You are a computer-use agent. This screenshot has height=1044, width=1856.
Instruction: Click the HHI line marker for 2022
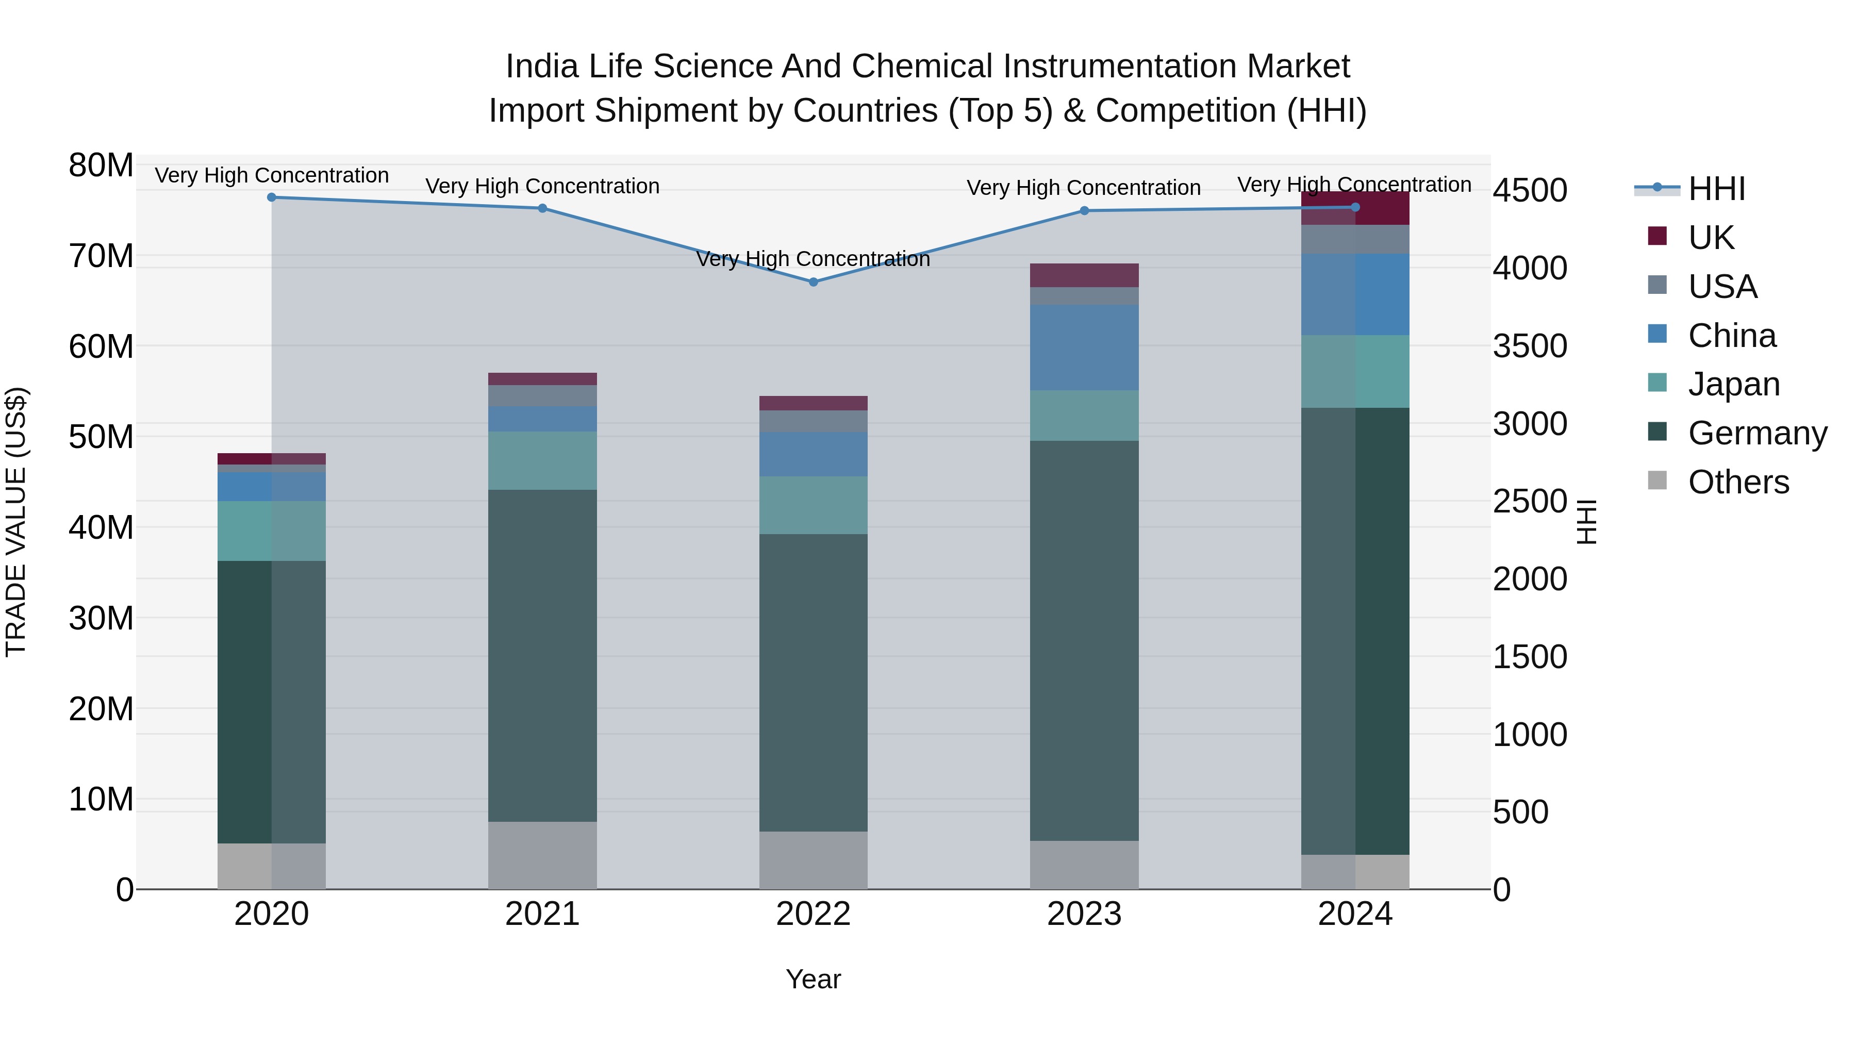[814, 281]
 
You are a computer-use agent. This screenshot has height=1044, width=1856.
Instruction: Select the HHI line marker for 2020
[272, 197]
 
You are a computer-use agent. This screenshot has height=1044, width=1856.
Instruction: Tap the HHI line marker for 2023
[1084, 210]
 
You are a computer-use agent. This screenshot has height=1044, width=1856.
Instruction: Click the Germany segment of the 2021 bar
[542, 656]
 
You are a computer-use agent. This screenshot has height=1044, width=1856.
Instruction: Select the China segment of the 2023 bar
[1084, 347]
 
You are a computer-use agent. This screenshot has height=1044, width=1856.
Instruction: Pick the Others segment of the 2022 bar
[814, 860]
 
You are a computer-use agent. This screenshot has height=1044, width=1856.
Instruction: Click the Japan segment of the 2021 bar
[542, 460]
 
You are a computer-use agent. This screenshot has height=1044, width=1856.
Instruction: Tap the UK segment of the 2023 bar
[1084, 275]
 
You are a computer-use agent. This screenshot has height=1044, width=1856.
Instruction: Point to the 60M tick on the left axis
[101, 346]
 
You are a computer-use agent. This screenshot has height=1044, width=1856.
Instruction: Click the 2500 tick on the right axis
[1530, 502]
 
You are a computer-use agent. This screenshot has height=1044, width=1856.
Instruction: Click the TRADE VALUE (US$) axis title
[16, 522]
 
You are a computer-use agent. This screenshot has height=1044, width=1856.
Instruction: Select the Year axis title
[814, 979]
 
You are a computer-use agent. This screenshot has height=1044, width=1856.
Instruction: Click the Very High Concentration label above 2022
[814, 259]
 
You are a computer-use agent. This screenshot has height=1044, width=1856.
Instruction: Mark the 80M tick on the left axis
[101, 165]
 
